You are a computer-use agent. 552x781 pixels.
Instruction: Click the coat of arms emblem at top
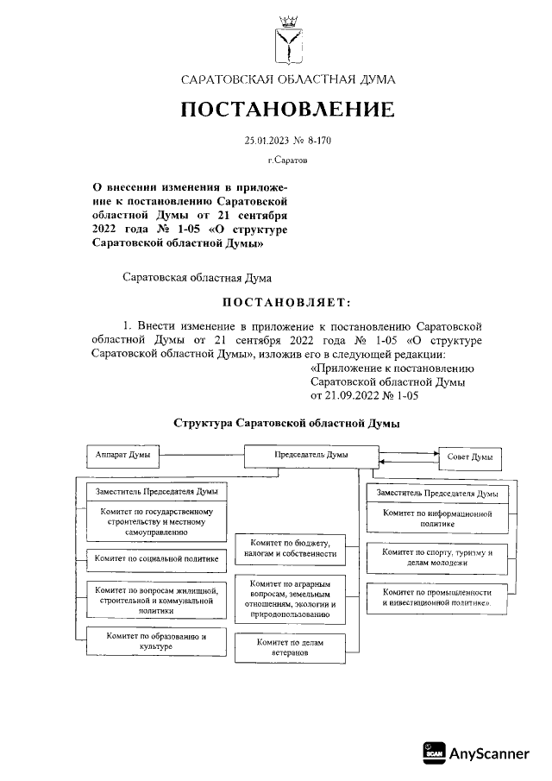point(288,41)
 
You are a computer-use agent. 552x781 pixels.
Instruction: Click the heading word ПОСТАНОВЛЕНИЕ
point(287,110)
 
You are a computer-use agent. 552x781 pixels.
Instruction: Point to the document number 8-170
point(314,140)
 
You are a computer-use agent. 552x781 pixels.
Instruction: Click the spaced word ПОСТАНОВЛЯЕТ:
point(287,301)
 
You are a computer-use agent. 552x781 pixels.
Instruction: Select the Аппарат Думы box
point(123,453)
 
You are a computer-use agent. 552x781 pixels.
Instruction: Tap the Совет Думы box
point(471,457)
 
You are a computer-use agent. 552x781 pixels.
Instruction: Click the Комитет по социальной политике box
point(157,559)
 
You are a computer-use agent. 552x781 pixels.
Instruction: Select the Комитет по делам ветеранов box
point(292,647)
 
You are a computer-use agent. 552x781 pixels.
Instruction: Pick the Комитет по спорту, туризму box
point(437,557)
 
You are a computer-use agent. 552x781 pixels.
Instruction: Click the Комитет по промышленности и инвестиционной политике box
point(437,599)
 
